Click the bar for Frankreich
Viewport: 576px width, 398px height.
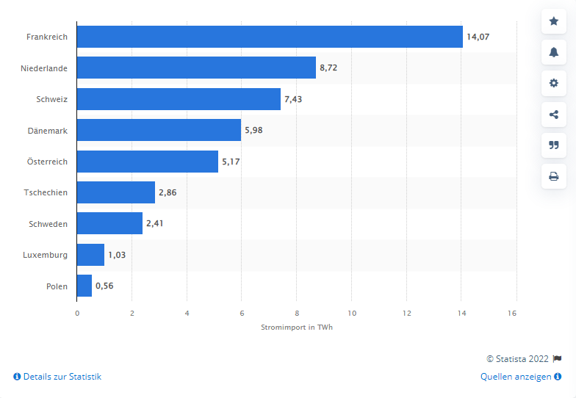click(x=270, y=37)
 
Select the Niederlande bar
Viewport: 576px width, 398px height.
click(x=196, y=68)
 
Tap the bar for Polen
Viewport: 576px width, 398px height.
click(x=84, y=286)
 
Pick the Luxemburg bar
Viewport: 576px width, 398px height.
click(x=90, y=255)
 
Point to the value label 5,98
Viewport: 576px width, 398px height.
click(x=253, y=130)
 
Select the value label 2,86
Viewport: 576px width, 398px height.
click(x=168, y=192)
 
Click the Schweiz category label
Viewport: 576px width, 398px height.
click(x=51, y=99)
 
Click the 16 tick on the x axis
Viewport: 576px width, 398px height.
click(x=512, y=313)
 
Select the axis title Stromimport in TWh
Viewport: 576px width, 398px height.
click(x=297, y=328)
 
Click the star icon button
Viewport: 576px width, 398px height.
click(x=554, y=21)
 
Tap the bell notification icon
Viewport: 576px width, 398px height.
click(x=554, y=52)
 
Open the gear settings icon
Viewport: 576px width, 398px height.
click(x=554, y=83)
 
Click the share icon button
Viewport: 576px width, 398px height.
click(x=554, y=114)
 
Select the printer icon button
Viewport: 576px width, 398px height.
click(x=554, y=176)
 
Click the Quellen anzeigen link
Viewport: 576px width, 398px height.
click(x=516, y=377)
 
